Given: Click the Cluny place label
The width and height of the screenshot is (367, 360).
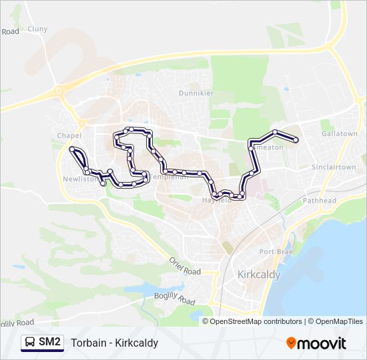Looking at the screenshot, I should (38, 29).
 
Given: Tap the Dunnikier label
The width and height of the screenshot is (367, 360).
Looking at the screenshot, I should (194, 93).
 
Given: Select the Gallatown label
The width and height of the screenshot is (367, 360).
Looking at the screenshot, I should (339, 134).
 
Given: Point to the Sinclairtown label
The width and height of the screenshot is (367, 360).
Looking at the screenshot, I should (334, 167).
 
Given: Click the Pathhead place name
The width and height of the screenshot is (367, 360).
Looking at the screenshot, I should (320, 200).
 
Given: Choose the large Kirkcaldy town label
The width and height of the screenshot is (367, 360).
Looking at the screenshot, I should (259, 274).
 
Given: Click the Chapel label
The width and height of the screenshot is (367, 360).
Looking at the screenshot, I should (69, 135).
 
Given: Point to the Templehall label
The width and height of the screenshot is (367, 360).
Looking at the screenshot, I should (168, 177).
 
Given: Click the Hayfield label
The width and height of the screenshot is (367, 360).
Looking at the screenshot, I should (216, 200).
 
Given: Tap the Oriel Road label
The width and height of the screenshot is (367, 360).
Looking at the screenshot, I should (184, 267).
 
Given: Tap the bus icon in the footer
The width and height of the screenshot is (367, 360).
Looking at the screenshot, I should (30, 343).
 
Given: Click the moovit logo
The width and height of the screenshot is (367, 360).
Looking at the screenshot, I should (316, 343).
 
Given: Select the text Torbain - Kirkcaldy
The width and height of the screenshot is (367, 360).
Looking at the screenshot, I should (115, 343).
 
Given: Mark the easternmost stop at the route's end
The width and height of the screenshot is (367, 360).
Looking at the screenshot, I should (295, 139).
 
